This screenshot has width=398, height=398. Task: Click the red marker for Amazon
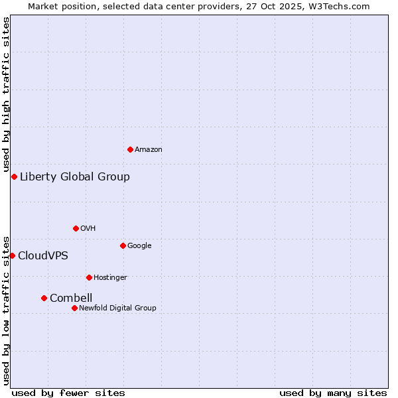pos(130,149)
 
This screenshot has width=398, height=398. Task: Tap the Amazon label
pos(149,150)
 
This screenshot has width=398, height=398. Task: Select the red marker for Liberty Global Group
pos(14,176)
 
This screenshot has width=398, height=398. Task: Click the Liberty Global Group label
pos(75,176)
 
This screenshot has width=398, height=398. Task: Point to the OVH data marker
pos(76,228)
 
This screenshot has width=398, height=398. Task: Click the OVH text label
pos(88,229)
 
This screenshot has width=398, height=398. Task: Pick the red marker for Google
pos(123,245)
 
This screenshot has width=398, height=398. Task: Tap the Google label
pos(139,246)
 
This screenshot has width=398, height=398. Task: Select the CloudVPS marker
pos(12,255)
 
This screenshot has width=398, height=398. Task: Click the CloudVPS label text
pos(43,256)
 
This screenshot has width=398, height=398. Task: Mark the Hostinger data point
pos(89,277)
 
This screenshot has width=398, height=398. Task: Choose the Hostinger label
pos(110,278)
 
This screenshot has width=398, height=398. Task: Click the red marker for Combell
pos(44,298)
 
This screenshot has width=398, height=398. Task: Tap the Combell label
pos(71,298)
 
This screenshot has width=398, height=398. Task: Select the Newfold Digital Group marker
pos(74,308)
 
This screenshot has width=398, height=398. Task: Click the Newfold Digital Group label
pos(117,308)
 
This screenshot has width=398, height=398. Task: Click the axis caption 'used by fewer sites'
pos(68,393)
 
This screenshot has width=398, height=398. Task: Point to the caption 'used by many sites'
pos(333,393)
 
